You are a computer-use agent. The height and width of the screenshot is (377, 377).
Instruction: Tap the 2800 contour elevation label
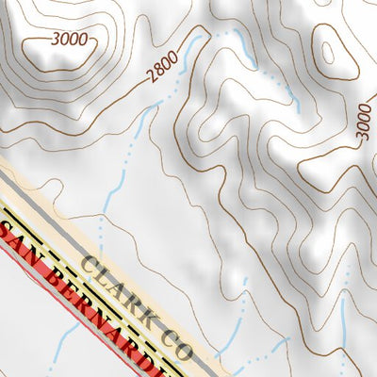pos(163,69)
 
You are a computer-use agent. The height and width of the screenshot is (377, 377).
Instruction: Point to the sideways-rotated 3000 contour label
pos(365,122)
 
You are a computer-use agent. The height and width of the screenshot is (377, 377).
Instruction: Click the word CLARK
pos(122,291)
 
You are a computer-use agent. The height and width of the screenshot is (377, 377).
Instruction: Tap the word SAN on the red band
pos(21,244)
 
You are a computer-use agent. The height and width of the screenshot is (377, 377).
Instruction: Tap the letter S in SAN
pos(8,233)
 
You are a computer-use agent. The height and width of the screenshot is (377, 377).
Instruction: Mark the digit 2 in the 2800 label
pos(151,77)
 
